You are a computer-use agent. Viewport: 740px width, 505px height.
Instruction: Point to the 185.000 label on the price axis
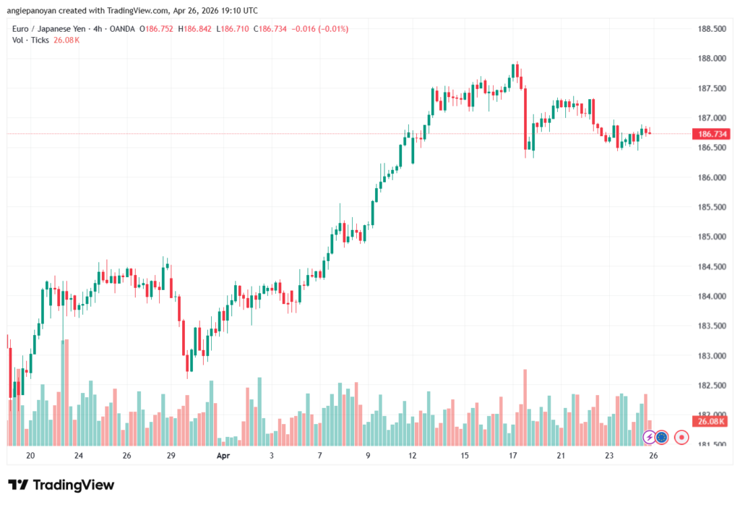point(709,237)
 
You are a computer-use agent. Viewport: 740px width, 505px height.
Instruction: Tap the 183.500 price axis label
point(709,326)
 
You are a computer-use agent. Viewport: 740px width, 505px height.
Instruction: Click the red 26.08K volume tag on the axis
point(708,421)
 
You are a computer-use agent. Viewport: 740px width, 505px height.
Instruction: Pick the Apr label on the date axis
point(223,456)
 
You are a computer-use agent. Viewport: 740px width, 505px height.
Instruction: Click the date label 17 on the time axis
point(513,456)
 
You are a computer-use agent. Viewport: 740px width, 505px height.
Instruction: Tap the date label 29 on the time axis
point(171,456)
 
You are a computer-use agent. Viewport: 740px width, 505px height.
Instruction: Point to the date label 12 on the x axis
point(413,456)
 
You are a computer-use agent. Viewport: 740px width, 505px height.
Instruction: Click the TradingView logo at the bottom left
point(61,485)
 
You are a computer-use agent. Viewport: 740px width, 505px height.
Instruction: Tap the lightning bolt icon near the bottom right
point(649,437)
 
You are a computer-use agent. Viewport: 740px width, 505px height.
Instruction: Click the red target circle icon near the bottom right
point(681,437)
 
